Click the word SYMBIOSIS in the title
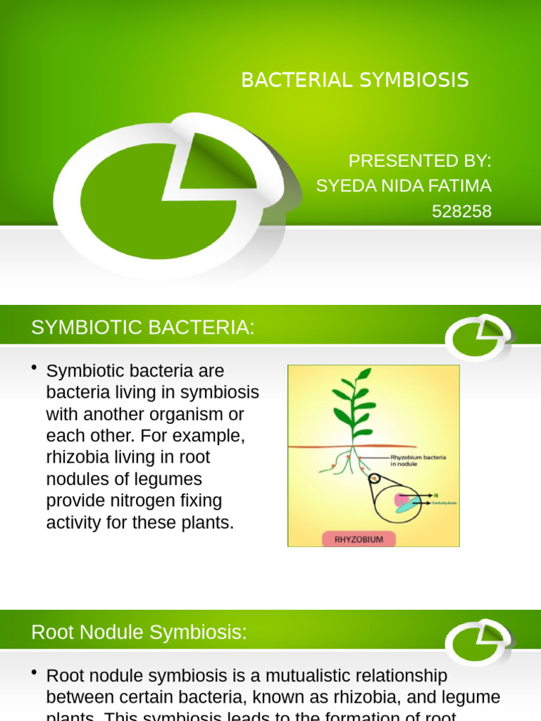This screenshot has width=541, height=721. [413, 80]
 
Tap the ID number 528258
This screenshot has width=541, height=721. [462, 211]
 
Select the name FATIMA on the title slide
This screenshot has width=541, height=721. [460, 186]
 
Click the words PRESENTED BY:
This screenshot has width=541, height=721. [420, 161]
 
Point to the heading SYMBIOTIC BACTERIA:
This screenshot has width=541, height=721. [142, 327]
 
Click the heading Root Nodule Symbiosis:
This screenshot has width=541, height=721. [139, 632]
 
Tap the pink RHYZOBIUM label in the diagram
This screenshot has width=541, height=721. [359, 539]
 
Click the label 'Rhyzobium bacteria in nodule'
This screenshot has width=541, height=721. [418, 461]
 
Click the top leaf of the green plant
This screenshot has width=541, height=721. [363, 374]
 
